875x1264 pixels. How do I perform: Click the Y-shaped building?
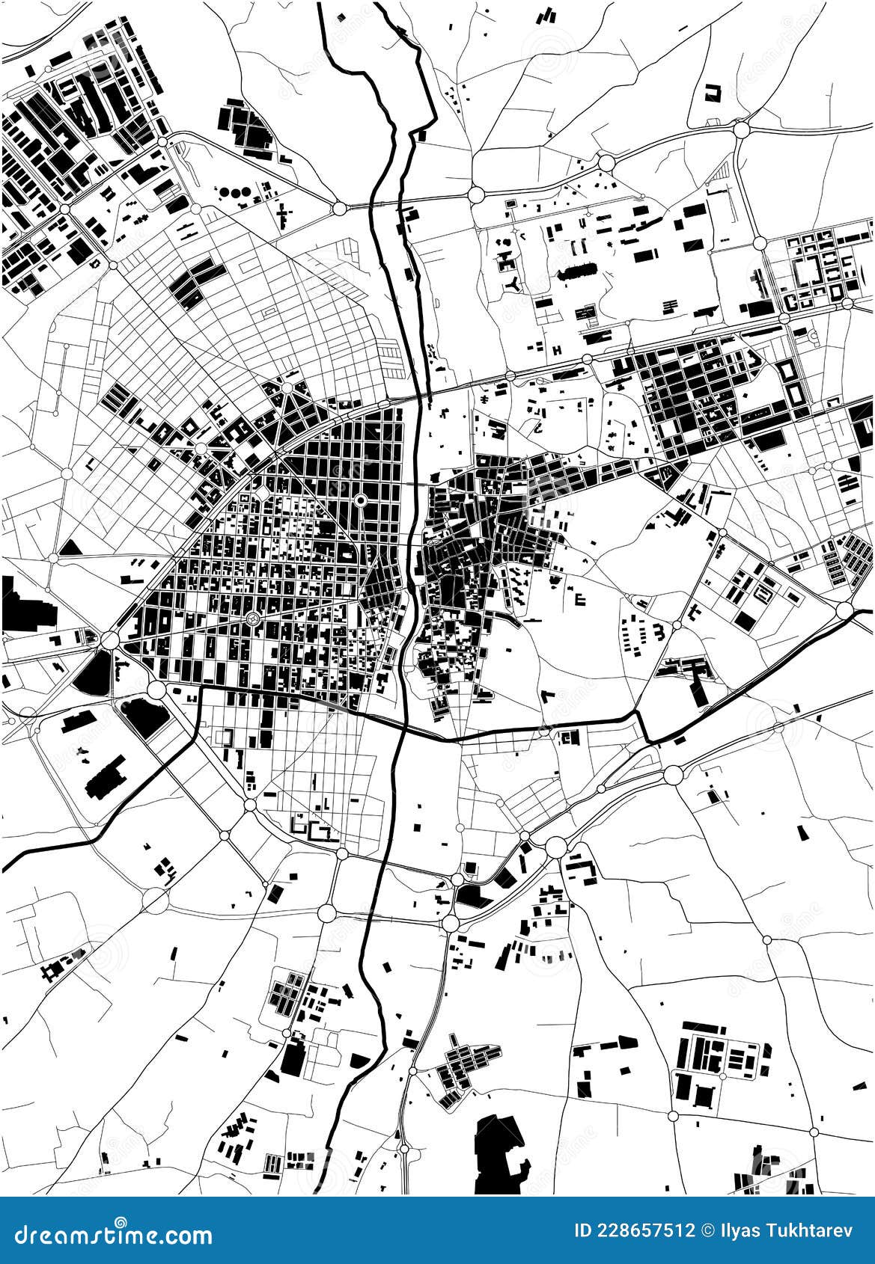(x=513, y=283)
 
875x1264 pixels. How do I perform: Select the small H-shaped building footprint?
(x=557, y=349)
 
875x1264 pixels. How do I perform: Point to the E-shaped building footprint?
(x=579, y=598)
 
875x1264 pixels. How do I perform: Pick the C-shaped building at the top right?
(x=712, y=92)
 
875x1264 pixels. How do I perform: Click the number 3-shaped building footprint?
(x=659, y=632)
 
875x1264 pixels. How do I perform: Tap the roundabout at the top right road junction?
(x=741, y=129)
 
